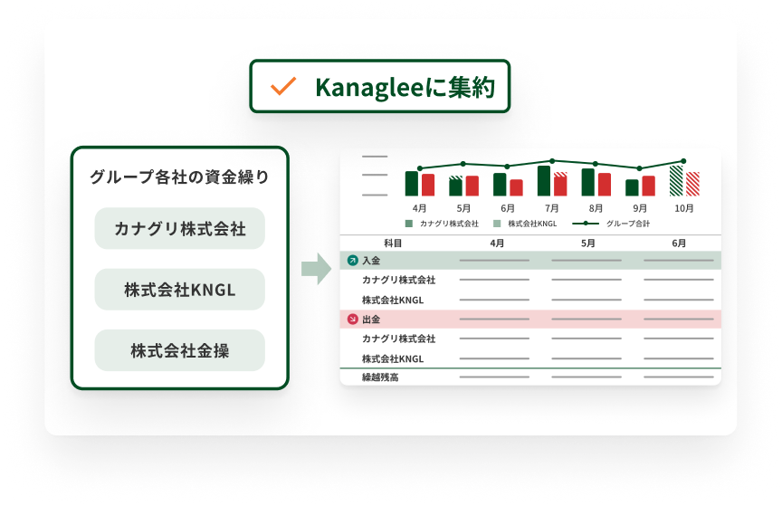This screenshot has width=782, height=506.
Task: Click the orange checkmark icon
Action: click(x=282, y=86)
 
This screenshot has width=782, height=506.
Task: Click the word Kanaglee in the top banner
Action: click(x=369, y=88)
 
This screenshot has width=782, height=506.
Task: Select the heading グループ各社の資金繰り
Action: click(x=179, y=177)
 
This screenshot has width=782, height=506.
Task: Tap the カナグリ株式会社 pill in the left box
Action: click(x=179, y=228)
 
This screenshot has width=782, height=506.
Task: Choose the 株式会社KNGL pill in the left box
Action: click(x=179, y=290)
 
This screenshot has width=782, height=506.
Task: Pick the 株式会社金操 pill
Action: click(x=179, y=350)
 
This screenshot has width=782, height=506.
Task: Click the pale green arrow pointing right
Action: click(x=316, y=269)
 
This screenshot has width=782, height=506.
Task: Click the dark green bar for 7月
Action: click(x=544, y=181)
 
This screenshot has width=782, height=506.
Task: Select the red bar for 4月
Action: click(x=428, y=185)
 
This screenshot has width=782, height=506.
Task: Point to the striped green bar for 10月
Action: click(x=676, y=181)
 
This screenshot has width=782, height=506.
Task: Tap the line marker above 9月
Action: click(x=639, y=168)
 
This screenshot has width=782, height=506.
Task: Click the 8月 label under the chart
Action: click(x=596, y=208)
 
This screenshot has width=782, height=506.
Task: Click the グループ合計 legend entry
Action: click(x=611, y=224)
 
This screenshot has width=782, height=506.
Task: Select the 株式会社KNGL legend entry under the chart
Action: click(x=525, y=224)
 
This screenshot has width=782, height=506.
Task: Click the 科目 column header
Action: click(x=393, y=243)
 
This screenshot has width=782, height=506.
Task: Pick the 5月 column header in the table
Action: click(x=587, y=243)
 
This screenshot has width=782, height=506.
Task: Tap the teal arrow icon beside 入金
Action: click(x=353, y=260)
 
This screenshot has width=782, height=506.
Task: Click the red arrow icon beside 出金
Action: click(x=353, y=319)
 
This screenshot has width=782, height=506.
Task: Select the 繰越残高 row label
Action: click(x=380, y=377)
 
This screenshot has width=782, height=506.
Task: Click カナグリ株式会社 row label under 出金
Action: click(x=398, y=339)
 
